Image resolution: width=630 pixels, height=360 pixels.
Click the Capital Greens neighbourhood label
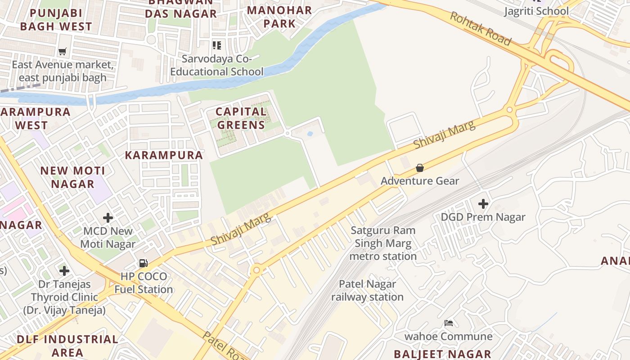coord(240,118)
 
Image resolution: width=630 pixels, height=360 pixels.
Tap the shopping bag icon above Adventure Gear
coord(420,168)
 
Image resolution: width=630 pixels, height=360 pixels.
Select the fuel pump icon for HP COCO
coord(143,263)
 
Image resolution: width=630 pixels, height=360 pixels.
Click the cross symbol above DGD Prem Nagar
coord(483,204)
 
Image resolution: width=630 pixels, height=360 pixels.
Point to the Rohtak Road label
coord(481,29)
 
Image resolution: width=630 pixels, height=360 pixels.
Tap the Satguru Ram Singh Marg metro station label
coord(383,243)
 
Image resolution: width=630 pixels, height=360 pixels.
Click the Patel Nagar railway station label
coord(367,291)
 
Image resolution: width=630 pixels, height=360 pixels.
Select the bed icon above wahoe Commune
coord(449,323)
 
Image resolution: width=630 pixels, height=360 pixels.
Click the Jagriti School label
coord(536,11)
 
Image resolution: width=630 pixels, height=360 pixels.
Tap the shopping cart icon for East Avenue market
coord(63,51)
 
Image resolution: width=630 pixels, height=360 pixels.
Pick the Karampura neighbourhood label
coord(164,155)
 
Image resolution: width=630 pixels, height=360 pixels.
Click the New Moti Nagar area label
coord(72,177)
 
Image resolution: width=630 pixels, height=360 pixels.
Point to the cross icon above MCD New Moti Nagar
coord(108,218)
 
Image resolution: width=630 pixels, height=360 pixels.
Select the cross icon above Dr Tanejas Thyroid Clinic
coord(64,271)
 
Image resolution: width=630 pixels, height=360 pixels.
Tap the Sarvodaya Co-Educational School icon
coord(217,45)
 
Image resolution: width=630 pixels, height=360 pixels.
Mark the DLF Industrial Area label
coord(67,345)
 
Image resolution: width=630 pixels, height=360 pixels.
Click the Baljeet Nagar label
coord(442,354)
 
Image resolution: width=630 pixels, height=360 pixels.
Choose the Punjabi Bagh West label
coord(56,19)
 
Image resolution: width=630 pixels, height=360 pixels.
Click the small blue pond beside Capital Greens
coord(310,134)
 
